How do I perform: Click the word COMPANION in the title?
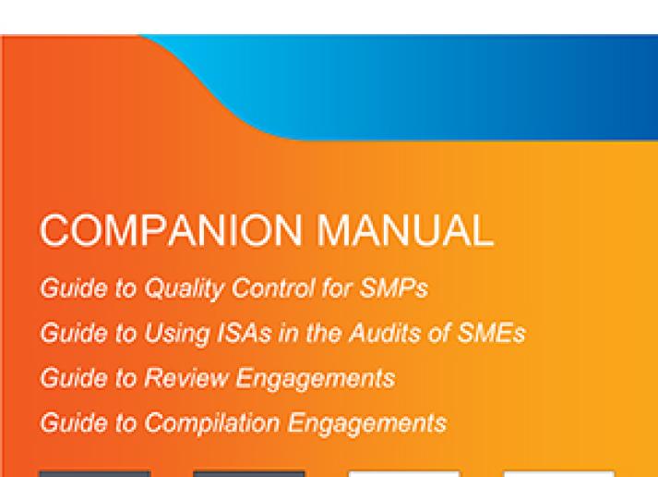coord(171,230)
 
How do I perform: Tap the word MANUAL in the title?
coord(405,230)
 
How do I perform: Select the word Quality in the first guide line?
coord(185,288)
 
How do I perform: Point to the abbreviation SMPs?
coord(394,287)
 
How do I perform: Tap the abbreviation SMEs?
coord(491,333)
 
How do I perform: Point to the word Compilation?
coord(212,423)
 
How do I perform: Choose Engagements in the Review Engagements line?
coord(316,379)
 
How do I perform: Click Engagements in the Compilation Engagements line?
coord(367,423)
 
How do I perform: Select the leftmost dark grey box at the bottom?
coord(95,474)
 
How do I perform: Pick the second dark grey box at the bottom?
coord(249,474)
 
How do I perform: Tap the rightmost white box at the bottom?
coord(559,474)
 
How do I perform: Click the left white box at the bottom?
coord(404,474)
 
